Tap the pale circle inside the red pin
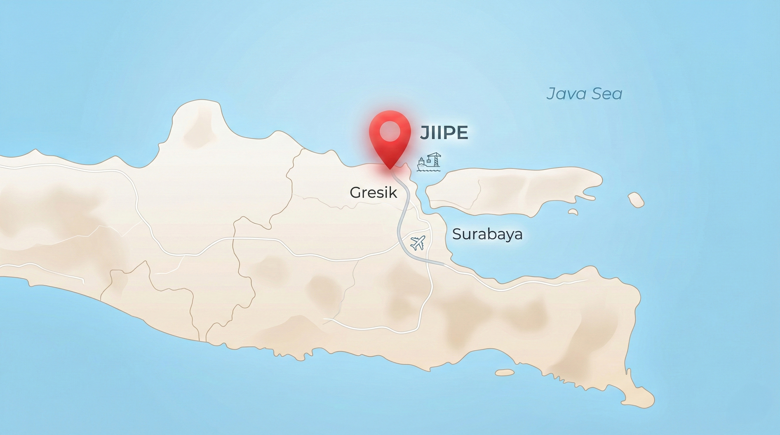pyautogui.click(x=390, y=132)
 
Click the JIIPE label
pyautogui.click(x=444, y=133)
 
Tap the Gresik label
pyautogui.click(x=373, y=193)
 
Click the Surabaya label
pyautogui.click(x=487, y=234)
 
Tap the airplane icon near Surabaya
pyautogui.click(x=418, y=243)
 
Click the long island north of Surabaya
pyautogui.click(x=512, y=191)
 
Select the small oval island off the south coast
pyautogui.click(x=505, y=372)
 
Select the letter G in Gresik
pyautogui.click(x=356, y=193)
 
